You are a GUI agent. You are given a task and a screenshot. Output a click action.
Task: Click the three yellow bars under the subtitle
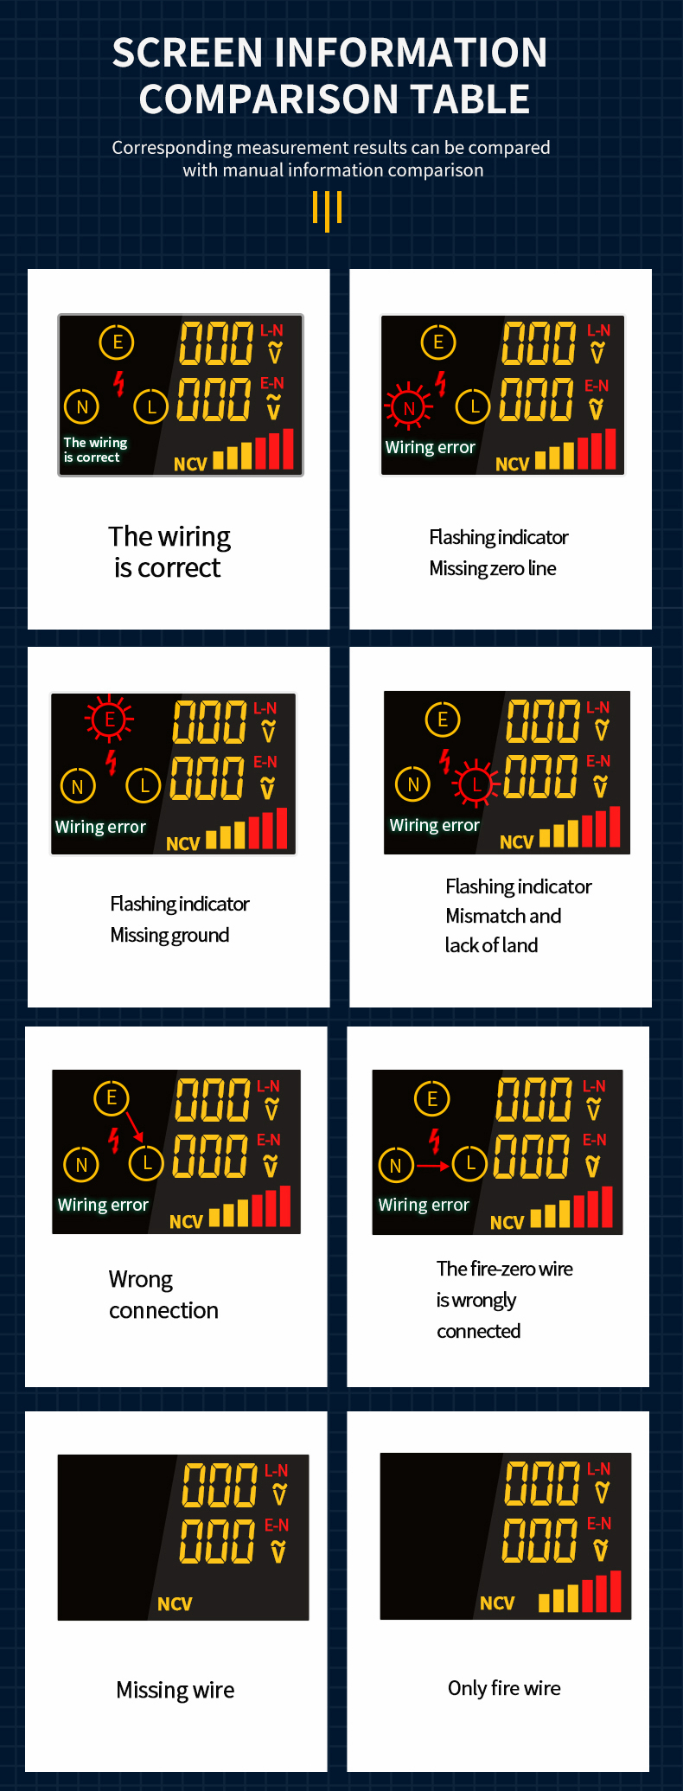328,210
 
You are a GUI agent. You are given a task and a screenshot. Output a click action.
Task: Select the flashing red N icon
409,406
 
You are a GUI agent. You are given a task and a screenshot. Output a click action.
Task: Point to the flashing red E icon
109,720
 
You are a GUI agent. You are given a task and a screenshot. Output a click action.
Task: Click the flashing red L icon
475,784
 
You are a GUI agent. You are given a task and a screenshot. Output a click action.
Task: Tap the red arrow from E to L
134,1126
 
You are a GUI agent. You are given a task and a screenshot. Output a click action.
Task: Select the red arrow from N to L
432,1166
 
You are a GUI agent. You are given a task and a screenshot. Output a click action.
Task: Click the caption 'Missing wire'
176,1691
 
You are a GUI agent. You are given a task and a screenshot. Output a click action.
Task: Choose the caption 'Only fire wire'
504,1688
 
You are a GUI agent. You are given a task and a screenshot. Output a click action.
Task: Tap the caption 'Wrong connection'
163,1295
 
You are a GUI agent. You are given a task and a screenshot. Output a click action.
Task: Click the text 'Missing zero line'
493,568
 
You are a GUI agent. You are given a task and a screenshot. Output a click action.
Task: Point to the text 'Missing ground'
169,935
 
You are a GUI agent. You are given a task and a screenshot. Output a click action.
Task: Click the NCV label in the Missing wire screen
175,1604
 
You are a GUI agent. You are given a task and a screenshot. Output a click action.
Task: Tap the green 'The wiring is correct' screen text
95,450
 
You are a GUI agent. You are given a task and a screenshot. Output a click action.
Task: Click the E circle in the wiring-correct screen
118,342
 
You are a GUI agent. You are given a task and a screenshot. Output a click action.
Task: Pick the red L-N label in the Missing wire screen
277,1470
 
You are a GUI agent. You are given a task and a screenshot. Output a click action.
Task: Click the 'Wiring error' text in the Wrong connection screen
103,1205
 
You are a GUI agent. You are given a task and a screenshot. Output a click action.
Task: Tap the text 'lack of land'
491,945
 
